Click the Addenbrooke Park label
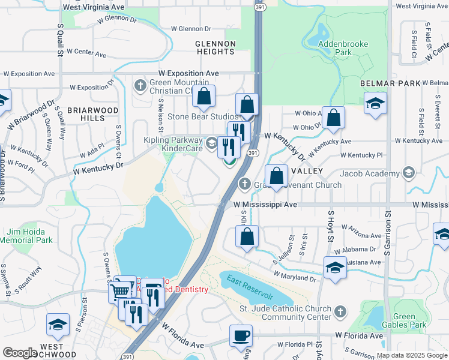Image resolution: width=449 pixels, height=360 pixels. (334, 48)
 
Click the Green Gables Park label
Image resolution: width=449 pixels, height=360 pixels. (411, 321)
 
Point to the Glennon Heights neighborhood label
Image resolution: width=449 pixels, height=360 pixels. (215, 47)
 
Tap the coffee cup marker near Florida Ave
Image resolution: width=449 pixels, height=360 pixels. (241, 335)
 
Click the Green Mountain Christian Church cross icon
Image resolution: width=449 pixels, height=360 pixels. (140, 84)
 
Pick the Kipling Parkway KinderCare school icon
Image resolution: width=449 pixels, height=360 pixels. (211, 143)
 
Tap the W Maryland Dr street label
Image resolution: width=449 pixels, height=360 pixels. (294, 277)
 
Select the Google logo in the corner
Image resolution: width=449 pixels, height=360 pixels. (20, 353)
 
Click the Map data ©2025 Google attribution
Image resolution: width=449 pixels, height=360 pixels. (411, 355)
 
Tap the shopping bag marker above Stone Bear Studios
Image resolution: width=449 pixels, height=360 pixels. (204, 96)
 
